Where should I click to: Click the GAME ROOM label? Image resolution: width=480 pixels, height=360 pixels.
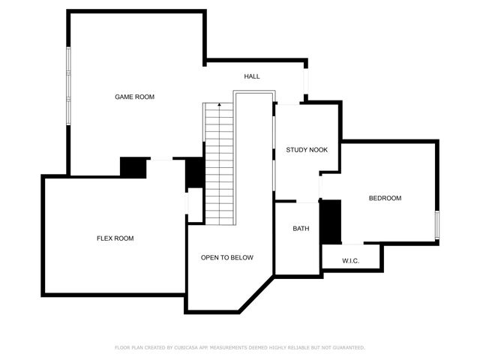point(134,97)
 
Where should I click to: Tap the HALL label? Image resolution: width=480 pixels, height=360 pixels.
point(252,76)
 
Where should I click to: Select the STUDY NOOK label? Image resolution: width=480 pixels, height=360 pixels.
point(307,150)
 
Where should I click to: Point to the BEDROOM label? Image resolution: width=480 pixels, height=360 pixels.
point(385,198)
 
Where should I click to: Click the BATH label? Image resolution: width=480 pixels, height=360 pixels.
point(301,229)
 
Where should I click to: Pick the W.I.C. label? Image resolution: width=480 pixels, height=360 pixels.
point(351,261)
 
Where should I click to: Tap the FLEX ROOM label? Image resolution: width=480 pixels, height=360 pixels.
point(115,238)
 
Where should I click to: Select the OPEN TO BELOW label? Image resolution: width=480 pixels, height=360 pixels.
point(226,257)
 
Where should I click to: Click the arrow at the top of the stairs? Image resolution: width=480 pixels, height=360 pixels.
point(219,106)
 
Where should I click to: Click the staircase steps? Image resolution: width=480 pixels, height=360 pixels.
point(219,165)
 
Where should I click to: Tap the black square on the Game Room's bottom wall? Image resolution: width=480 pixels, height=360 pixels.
point(133,167)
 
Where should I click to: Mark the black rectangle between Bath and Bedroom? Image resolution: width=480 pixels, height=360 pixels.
point(330,221)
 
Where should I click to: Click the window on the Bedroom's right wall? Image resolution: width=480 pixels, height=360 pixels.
point(436,225)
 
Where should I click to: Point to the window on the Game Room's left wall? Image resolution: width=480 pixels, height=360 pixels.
point(68,84)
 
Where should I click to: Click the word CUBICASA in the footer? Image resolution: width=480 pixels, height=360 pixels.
point(190,347)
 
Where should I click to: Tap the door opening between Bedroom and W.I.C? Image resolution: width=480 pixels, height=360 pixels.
point(352,244)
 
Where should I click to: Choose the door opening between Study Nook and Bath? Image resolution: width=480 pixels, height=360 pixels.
point(307,202)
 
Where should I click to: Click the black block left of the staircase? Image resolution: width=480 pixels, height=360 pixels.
point(194,173)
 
